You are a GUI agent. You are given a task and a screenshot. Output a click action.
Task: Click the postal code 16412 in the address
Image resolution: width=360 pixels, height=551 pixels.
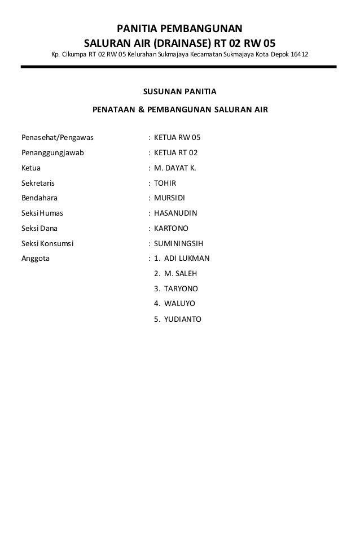(299, 55)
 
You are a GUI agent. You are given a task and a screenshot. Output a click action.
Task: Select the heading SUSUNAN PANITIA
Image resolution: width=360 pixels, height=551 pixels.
(180, 91)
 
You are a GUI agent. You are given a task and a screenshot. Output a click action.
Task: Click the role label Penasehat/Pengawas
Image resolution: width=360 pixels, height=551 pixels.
(57, 137)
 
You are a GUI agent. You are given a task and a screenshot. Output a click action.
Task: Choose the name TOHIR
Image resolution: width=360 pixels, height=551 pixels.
(165, 183)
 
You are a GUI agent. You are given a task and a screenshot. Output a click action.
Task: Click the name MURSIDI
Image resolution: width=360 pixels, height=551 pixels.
(170, 198)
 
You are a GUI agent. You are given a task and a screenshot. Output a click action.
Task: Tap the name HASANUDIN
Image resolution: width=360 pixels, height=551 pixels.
(175, 213)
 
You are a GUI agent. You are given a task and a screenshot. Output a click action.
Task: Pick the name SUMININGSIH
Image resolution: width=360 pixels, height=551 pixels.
(178, 244)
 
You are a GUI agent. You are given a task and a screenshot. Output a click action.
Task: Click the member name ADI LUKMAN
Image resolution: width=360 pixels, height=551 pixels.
(186, 259)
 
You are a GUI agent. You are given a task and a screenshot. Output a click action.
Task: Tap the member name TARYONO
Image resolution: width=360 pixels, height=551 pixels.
(181, 289)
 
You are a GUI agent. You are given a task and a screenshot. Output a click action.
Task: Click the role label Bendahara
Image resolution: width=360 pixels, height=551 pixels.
(39, 198)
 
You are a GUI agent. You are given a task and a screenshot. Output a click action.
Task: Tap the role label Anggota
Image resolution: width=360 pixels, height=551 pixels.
(35, 259)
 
